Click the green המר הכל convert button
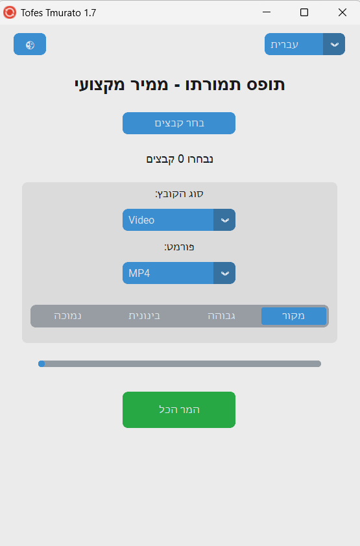[179, 410]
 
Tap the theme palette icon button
[30, 44]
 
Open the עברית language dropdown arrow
[334, 44]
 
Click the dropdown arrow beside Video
[224, 220]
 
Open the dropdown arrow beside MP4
[224, 273]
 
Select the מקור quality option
[293, 316]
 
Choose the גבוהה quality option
[221, 316]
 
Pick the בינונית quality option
[144, 316]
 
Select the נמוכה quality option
[67, 316]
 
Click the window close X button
[342, 12]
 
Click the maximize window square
[304, 12]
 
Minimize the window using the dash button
[267, 12]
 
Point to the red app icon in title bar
[10, 12]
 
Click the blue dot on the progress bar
[42, 364]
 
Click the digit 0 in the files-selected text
[181, 159]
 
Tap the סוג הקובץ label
[179, 194]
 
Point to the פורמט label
[179, 247]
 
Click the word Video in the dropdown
[141, 220]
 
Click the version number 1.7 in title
[90, 13]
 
